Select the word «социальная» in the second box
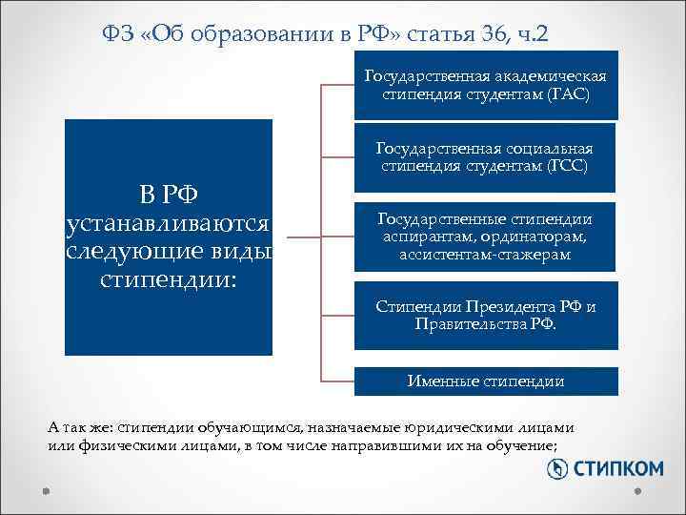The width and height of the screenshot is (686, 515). coord(550,149)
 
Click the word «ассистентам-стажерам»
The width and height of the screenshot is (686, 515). coord(486,254)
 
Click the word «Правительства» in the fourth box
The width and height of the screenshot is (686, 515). coord(472,324)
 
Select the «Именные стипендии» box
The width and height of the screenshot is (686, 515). coord(486,381)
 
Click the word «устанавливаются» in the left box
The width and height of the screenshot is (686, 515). coord(169,224)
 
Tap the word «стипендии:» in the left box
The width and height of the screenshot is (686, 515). coord(169,278)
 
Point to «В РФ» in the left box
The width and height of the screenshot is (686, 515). coord(169,196)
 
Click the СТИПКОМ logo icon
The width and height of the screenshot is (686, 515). coord(556,468)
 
